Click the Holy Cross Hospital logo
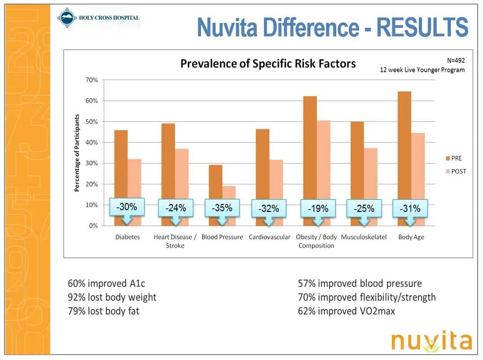(x=99, y=19)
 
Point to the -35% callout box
(x=222, y=208)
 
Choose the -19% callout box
(x=318, y=209)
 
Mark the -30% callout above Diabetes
(x=127, y=207)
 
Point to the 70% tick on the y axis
(x=92, y=80)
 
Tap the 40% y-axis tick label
(x=92, y=142)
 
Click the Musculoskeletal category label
(x=364, y=237)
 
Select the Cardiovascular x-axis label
(x=269, y=237)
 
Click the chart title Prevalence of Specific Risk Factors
(x=268, y=64)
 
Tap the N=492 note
(x=456, y=60)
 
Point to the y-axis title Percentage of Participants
(x=77, y=153)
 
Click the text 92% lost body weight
(x=112, y=297)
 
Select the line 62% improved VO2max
(x=347, y=311)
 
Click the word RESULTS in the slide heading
(x=422, y=28)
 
